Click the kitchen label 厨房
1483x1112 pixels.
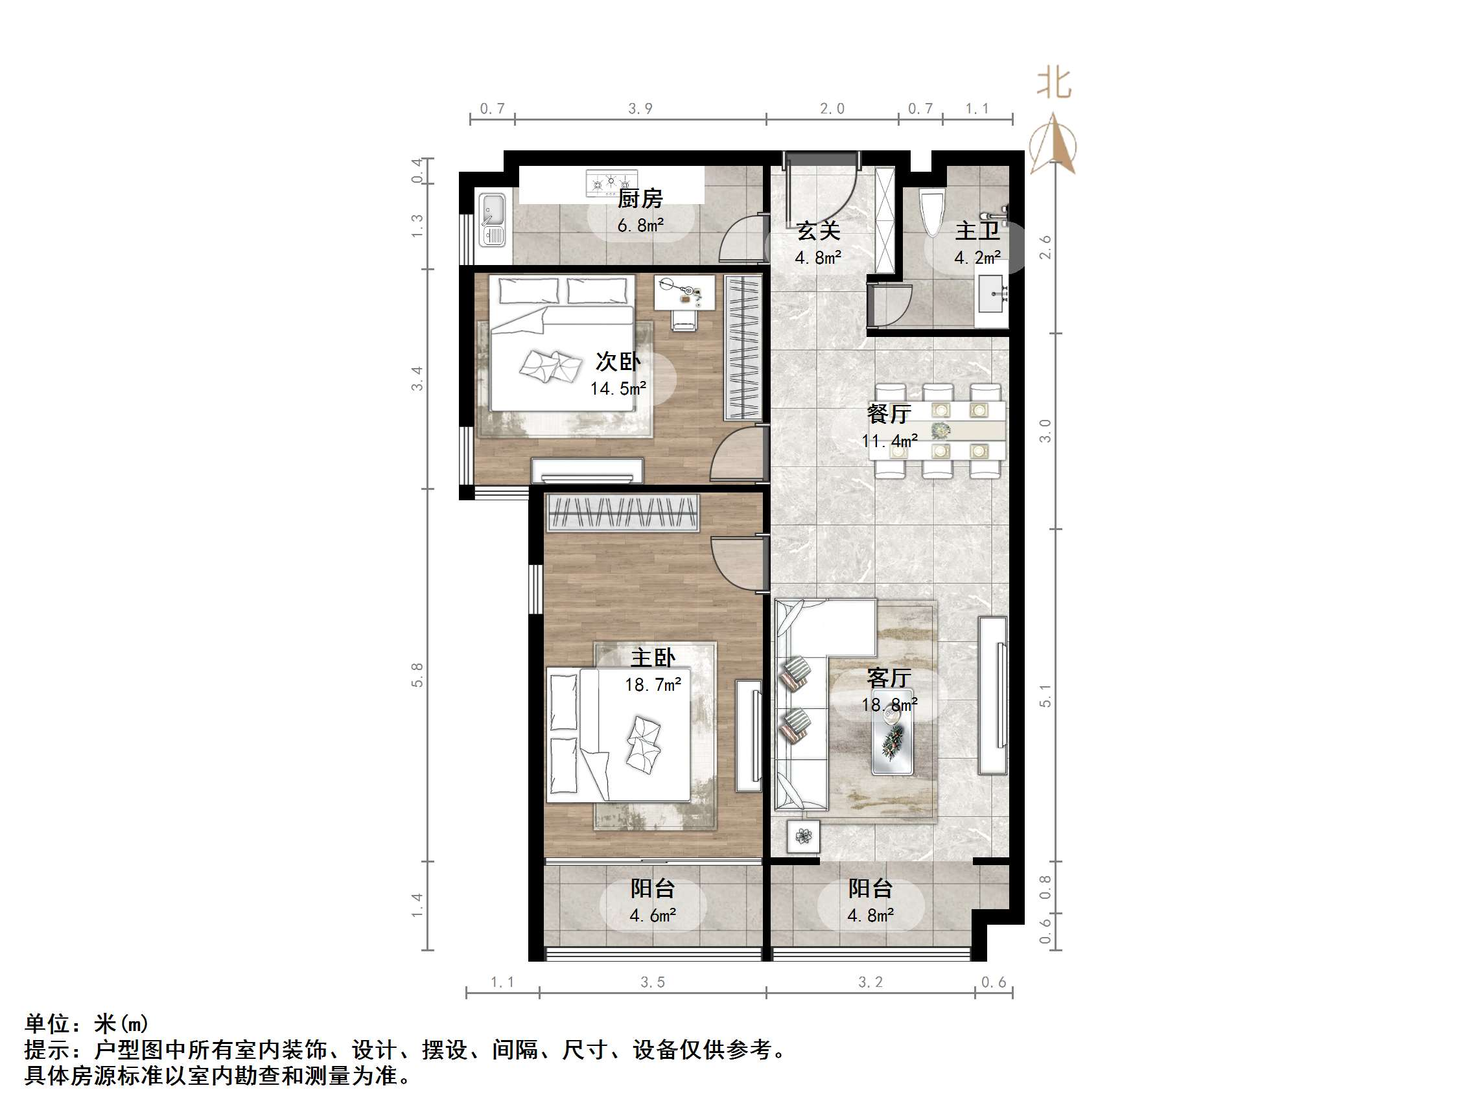[640, 198]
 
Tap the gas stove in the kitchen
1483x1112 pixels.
[611, 182]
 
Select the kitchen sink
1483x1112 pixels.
[493, 219]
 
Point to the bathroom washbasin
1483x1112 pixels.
[992, 294]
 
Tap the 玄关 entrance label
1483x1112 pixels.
[818, 231]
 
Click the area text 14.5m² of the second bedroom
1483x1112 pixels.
[618, 388]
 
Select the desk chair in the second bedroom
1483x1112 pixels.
[684, 320]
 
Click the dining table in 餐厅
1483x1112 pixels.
[937, 430]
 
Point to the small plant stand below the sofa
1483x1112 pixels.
[803, 836]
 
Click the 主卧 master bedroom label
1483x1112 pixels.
[652, 658]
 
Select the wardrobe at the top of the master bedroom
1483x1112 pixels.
[623, 513]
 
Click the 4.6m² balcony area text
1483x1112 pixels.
[652, 915]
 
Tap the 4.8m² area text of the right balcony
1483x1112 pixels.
[870, 915]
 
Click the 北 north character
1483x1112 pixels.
[1053, 83]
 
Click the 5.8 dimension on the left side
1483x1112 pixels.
[417, 675]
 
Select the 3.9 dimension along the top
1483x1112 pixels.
[640, 109]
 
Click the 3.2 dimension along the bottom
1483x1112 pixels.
[870, 982]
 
